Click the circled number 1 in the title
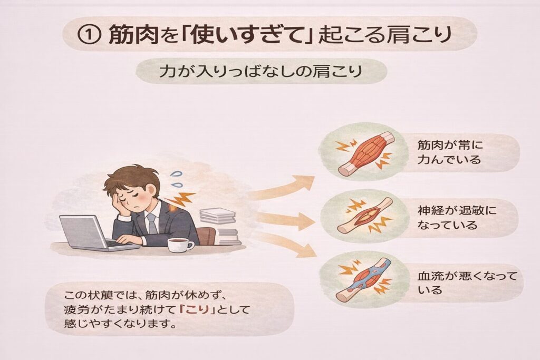(88, 34)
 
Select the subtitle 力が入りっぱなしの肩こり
(261, 71)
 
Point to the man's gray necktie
(151, 223)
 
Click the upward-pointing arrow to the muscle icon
(281, 188)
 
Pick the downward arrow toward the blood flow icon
(284, 245)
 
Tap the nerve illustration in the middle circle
(365, 216)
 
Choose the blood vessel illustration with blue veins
(364, 280)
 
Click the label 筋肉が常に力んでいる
(450, 152)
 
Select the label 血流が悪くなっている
(467, 283)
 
